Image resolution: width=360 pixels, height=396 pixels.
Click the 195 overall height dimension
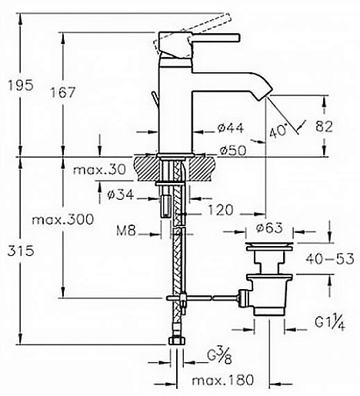click(21, 85)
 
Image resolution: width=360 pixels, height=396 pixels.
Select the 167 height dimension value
click(62, 92)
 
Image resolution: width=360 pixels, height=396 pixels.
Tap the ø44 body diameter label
click(231, 128)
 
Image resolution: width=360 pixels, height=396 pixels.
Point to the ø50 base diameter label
click(232, 150)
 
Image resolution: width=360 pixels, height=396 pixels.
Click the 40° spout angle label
click(278, 131)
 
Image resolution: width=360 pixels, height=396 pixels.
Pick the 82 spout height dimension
click(324, 126)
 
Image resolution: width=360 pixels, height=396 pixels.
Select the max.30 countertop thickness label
click(99, 170)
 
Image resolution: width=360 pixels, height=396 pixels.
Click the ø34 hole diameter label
click(121, 195)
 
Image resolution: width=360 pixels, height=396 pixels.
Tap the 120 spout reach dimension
click(220, 210)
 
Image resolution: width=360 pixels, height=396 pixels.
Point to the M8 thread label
click(126, 231)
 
